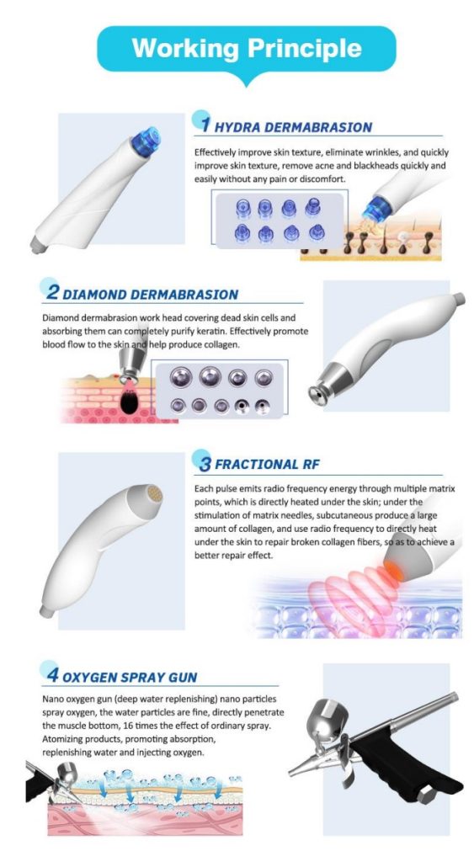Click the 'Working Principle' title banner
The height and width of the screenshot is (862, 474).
click(247, 49)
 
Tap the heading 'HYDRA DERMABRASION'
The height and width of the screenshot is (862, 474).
click(293, 128)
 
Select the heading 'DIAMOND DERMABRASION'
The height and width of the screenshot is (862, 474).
click(150, 294)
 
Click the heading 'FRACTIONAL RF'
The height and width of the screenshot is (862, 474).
click(267, 465)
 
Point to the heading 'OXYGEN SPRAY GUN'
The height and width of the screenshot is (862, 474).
click(130, 678)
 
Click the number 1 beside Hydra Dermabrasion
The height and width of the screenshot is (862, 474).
click(205, 125)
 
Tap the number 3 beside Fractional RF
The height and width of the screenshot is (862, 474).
click(205, 464)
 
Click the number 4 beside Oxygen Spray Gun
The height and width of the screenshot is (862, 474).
click(53, 675)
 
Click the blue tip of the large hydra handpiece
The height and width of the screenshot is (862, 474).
click(146, 141)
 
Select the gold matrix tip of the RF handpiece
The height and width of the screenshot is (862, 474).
click(155, 494)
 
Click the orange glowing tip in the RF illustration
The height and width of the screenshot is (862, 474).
click(392, 571)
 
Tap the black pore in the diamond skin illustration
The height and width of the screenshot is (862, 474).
click(129, 403)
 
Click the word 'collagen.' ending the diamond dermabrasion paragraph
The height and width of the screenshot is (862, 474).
click(224, 344)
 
